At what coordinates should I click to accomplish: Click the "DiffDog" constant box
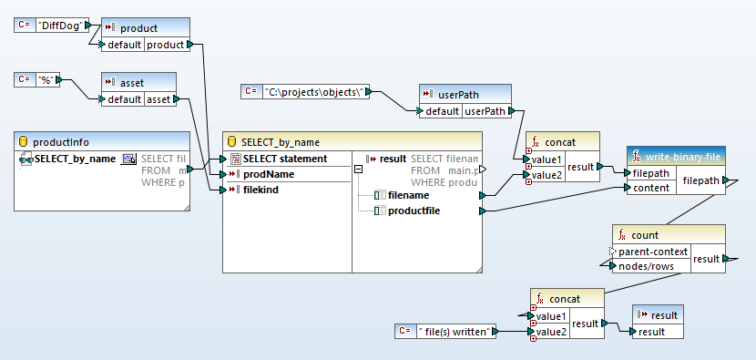60,26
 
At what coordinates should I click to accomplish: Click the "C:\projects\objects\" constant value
316,91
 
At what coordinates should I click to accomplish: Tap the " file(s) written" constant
455,330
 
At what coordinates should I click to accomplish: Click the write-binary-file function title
682,155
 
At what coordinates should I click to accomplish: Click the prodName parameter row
268,174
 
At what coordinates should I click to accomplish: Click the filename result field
409,195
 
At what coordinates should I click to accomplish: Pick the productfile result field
415,211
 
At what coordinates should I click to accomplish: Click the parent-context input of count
653,251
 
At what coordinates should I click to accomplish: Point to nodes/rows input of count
647,265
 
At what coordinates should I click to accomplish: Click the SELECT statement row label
284,159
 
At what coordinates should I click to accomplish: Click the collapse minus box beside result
359,168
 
